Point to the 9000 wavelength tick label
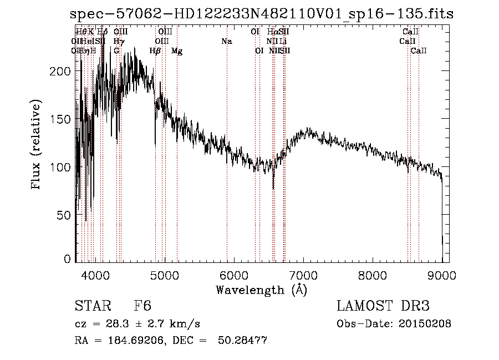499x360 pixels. coord(442,275)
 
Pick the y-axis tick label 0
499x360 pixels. coord(68,259)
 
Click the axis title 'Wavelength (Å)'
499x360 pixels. coord(261,290)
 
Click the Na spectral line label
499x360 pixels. coord(226,42)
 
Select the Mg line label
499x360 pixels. coord(177,51)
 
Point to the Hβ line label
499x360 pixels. coord(155,51)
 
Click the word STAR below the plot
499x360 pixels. coord(92,306)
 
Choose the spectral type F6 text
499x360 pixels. coord(142,306)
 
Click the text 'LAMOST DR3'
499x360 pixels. coord(383,306)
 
